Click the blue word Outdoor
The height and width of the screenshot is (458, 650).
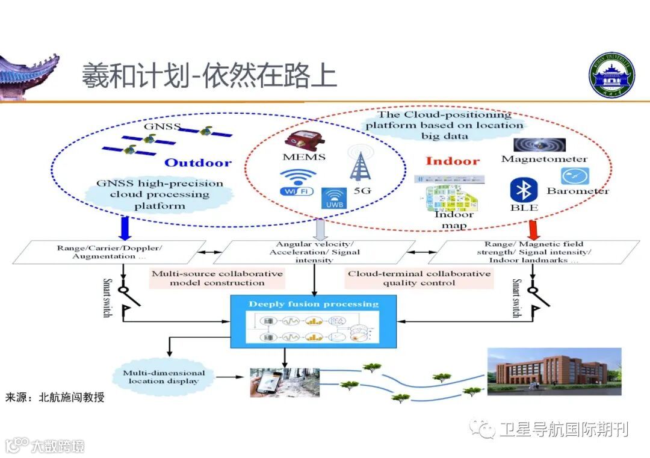point(198,162)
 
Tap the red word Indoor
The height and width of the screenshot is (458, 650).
point(453,161)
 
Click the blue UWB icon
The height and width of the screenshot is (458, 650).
point(332,198)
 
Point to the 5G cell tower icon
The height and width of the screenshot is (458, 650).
point(362,164)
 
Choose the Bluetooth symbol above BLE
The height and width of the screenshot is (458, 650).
point(522,190)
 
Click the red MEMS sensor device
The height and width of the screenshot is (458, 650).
point(304,140)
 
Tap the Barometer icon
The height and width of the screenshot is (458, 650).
point(575,176)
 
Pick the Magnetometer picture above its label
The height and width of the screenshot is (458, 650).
point(539,145)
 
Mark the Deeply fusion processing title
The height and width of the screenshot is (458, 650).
point(314,304)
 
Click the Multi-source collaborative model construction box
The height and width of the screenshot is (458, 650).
point(217,278)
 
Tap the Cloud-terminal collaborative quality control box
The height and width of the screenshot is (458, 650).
point(419,278)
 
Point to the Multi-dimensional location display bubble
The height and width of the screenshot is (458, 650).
point(164,377)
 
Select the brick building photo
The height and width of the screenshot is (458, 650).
point(554,371)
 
